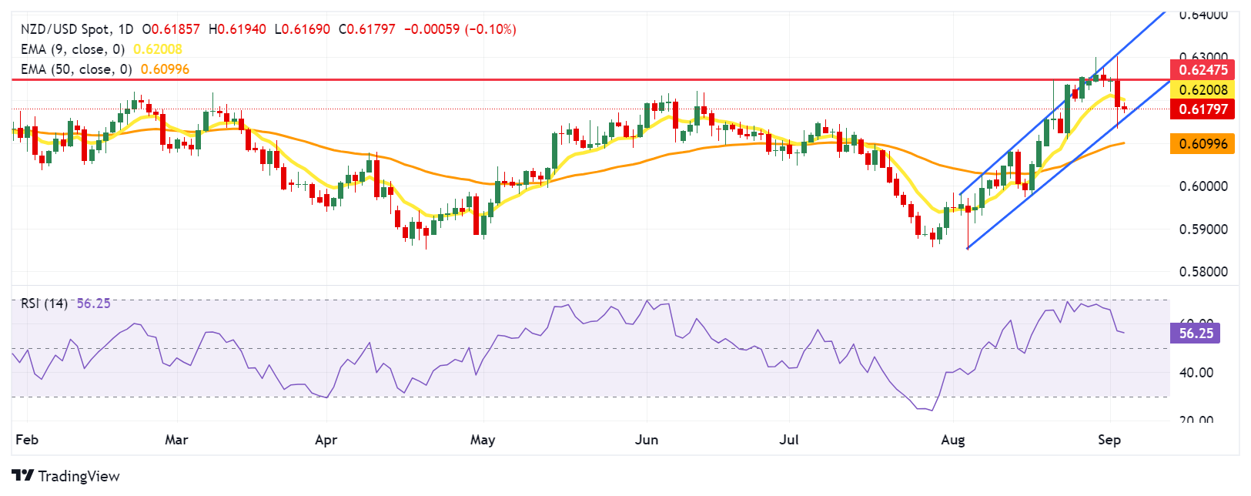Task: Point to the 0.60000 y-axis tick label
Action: [1203, 186]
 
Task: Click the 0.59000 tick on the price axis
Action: [1203, 230]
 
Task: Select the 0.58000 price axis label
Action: [1203, 272]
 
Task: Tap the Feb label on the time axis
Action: [27, 440]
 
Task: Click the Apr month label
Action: [326, 440]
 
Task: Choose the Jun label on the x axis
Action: [647, 440]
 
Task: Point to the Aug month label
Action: [953, 440]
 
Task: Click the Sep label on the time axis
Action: [1109, 440]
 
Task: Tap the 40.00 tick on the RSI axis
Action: [1196, 373]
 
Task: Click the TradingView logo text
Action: [79, 476]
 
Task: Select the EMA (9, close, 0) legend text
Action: [72, 49]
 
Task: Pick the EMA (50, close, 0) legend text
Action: [76, 69]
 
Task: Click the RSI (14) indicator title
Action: [44, 303]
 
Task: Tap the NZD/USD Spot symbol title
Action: [65, 29]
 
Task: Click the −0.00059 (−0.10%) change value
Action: [460, 29]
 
